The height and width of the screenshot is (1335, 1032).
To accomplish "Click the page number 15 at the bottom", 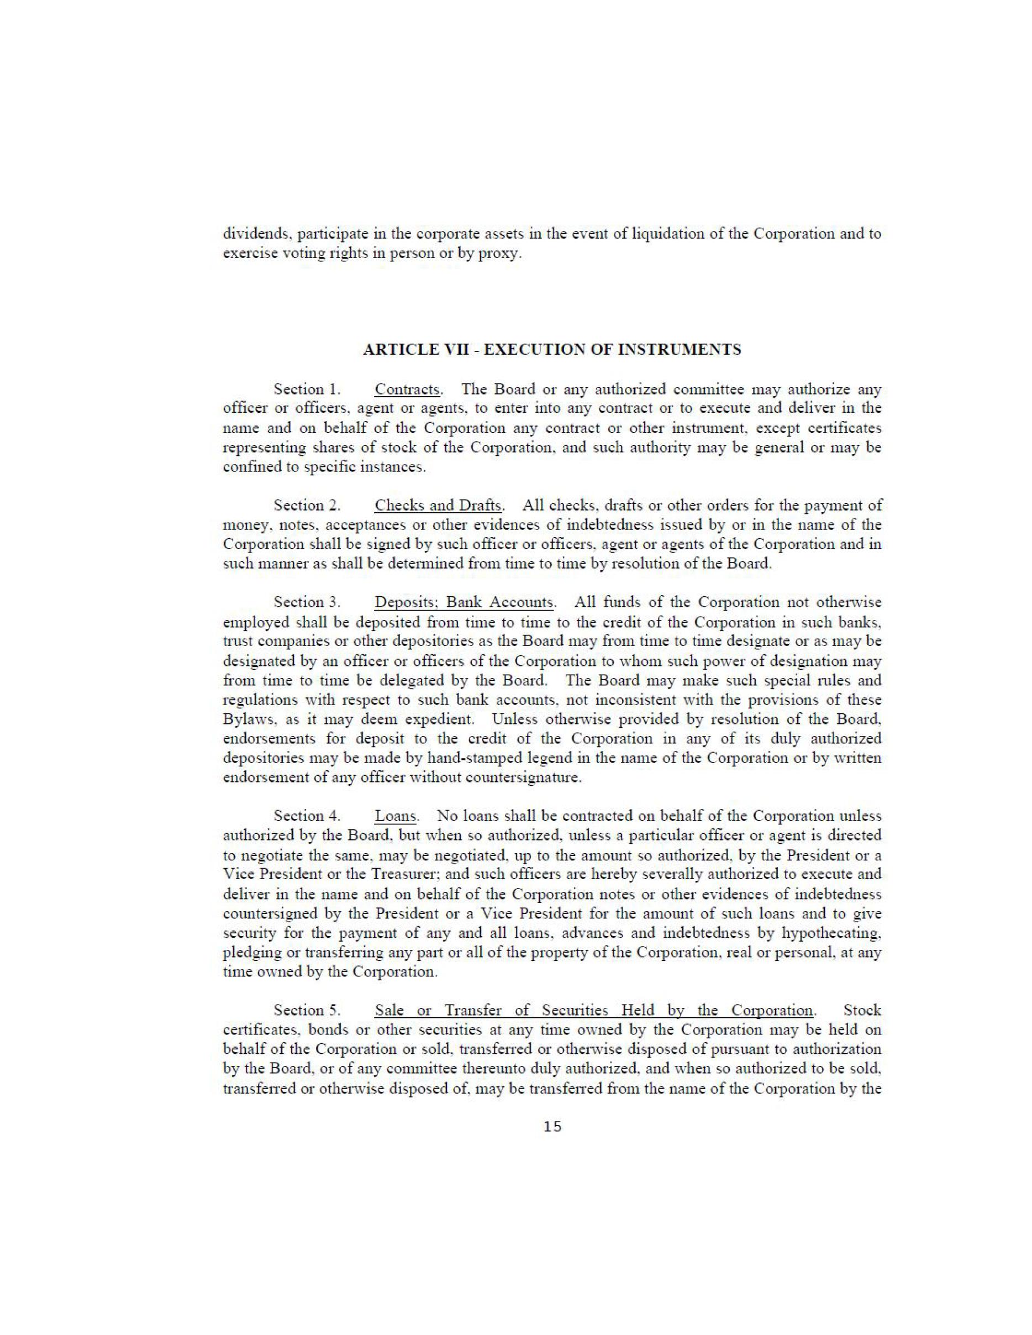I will (552, 1127).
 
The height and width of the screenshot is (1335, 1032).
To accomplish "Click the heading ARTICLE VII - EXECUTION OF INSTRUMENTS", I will (552, 350).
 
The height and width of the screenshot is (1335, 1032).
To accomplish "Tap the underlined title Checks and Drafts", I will (439, 506).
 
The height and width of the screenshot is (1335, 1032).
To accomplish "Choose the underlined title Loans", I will (396, 816).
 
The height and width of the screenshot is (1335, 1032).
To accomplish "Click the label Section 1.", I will (306, 390).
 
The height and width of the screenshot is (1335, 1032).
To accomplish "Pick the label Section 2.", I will (306, 506).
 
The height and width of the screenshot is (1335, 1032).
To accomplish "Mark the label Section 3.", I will (306, 602).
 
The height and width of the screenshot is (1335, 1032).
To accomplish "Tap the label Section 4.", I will (306, 816).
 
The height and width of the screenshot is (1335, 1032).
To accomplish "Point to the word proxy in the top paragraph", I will (506, 254).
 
